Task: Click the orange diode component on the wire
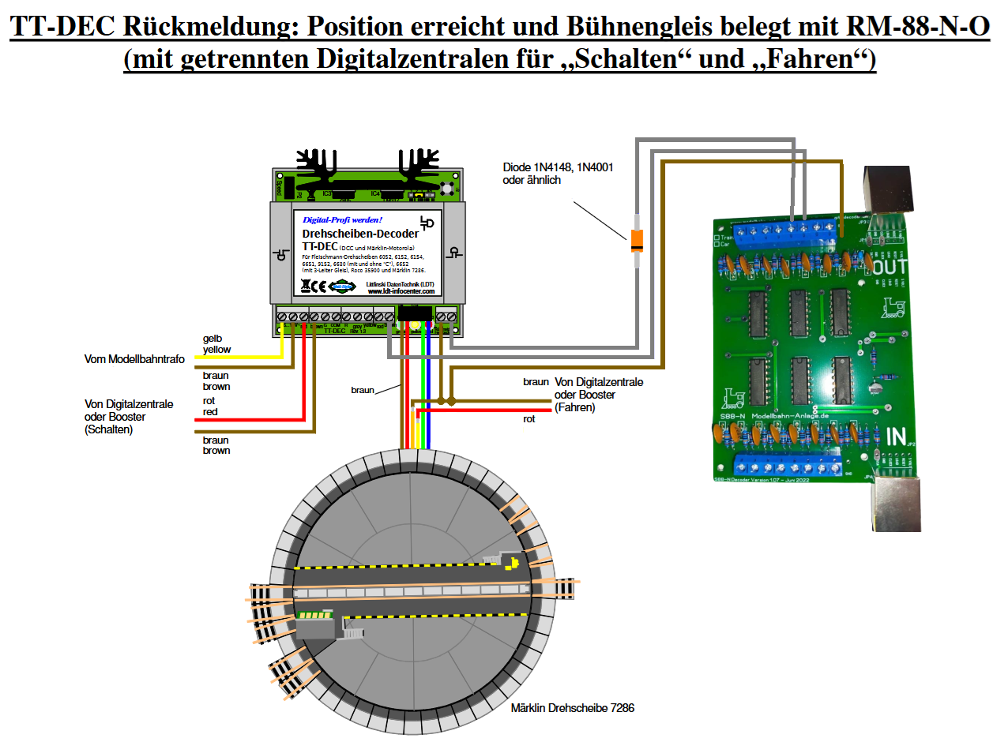click(636, 241)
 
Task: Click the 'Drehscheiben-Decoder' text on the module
click(360, 234)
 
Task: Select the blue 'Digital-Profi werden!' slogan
click(343, 219)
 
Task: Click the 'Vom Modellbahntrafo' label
click(134, 359)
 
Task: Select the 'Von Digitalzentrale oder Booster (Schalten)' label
click(129, 417)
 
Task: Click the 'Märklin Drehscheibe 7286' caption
click(572, 708)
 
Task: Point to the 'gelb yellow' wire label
click(216, 343)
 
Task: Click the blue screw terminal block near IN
click(791, 467)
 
